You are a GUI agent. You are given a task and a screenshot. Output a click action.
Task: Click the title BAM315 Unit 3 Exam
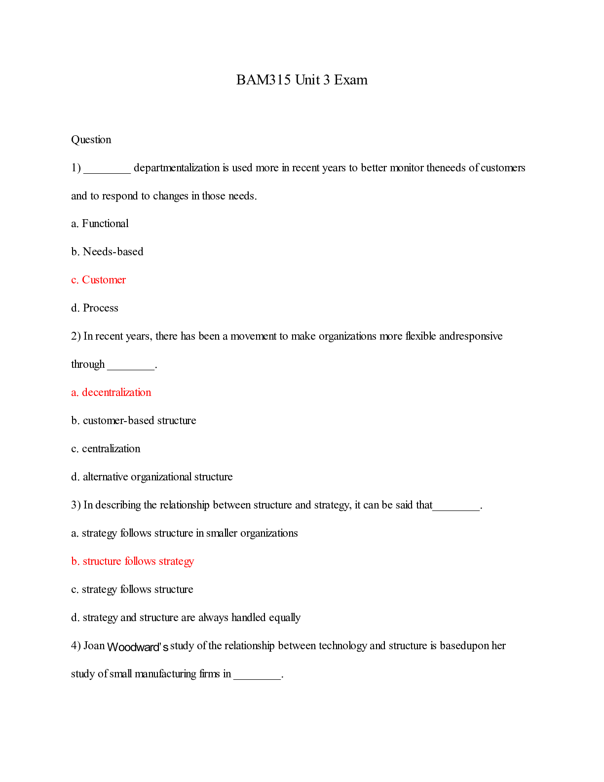click(x=302, y=80)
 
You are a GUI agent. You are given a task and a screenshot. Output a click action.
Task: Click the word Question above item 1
click(x=91, y=140)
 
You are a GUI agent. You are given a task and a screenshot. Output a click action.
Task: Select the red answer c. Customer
click(x=98, y=280)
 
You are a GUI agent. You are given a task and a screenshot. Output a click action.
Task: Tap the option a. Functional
click(x=100, y=224)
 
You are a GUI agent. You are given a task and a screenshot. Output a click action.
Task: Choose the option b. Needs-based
click(x=107, y=252)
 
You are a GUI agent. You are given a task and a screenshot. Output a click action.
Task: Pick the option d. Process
click(x=95, y=308)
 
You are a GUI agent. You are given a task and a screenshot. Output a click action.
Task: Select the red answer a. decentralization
click(x=111, y=392)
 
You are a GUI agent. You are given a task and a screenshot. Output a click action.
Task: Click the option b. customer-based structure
click(x=133, y=421)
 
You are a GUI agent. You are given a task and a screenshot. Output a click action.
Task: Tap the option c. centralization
click(x=106, y=449)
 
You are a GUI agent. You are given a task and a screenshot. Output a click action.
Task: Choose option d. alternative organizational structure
click(x=151, y=477)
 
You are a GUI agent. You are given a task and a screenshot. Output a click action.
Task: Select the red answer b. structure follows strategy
click(x=132, y=561)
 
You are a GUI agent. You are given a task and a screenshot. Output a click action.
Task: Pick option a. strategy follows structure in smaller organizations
click(x=184, y=533)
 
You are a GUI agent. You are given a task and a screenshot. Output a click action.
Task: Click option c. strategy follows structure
click(x=132, y=589)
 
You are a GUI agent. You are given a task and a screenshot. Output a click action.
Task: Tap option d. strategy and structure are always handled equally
click(x=186, y=618)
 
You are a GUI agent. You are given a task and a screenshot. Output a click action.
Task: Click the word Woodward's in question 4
click(x=138, y=647)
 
